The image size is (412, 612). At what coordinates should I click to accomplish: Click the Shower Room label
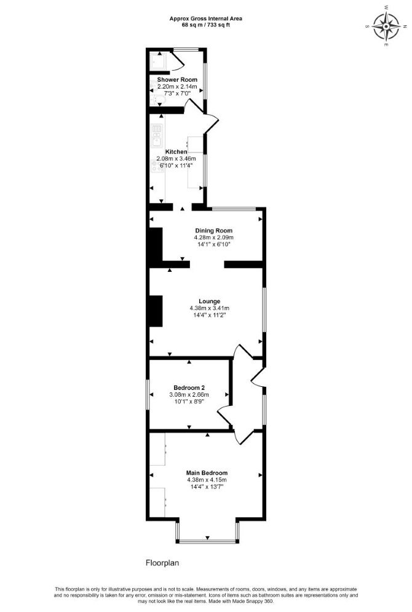(177, 79)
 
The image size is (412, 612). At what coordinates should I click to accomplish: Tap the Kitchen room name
(176, 151)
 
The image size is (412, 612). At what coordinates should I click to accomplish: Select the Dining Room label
(214, 231)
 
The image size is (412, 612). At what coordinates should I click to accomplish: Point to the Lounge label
(210, 301)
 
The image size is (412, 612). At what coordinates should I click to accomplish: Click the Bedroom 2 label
(189, 388)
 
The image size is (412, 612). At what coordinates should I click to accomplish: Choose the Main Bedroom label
(207, 473)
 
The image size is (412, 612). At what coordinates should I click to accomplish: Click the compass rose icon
(386, 26)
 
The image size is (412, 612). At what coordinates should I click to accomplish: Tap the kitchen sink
(157, 135)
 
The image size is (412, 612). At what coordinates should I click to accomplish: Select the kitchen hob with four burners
(157, 166)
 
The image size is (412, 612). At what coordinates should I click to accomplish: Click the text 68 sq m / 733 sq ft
(206, 25)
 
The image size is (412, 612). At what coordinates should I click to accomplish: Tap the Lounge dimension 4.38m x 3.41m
(210, 308)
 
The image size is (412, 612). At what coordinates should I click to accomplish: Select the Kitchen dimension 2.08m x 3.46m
(176, 159)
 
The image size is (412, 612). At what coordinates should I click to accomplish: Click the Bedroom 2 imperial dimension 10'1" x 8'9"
(189, 401)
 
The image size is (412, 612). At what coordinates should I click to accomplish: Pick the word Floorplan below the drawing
(162, 563)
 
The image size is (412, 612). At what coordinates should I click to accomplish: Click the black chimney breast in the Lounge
(156, 311)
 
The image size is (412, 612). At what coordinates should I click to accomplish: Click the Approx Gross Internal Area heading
(206, 18)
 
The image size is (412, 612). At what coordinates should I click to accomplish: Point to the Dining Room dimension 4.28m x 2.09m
(214, 237)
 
